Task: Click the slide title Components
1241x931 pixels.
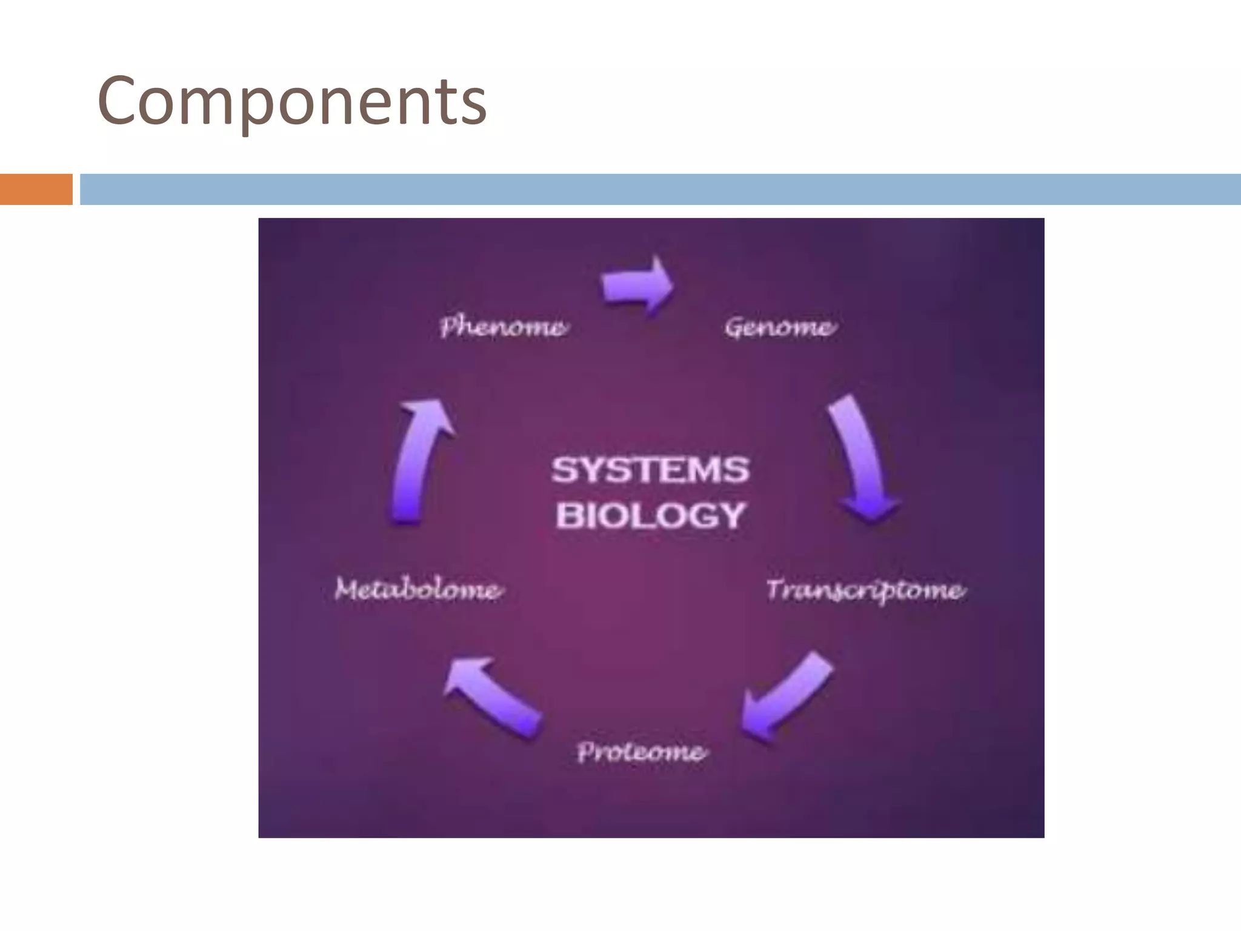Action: click(x=291, y=101)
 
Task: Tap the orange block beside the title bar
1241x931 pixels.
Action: click(x=36, y=189)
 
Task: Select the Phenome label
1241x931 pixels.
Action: click(x=504, y=327)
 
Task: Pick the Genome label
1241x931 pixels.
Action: click(x=780, y=327)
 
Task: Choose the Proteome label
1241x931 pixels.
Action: click(x=641, y=752)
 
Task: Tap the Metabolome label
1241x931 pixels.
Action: click(x=418, y=590)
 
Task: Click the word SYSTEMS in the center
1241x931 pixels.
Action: click(x=650, y=470)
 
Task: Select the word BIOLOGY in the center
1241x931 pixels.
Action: click(x=650, y=516)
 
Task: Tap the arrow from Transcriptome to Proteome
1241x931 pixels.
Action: click(x=786, y=696)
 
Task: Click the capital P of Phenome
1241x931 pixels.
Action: click(x=449, y=327)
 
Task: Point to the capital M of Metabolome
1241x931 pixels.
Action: click(x=347, y=589)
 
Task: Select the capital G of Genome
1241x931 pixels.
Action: click(x=734, y=327)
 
